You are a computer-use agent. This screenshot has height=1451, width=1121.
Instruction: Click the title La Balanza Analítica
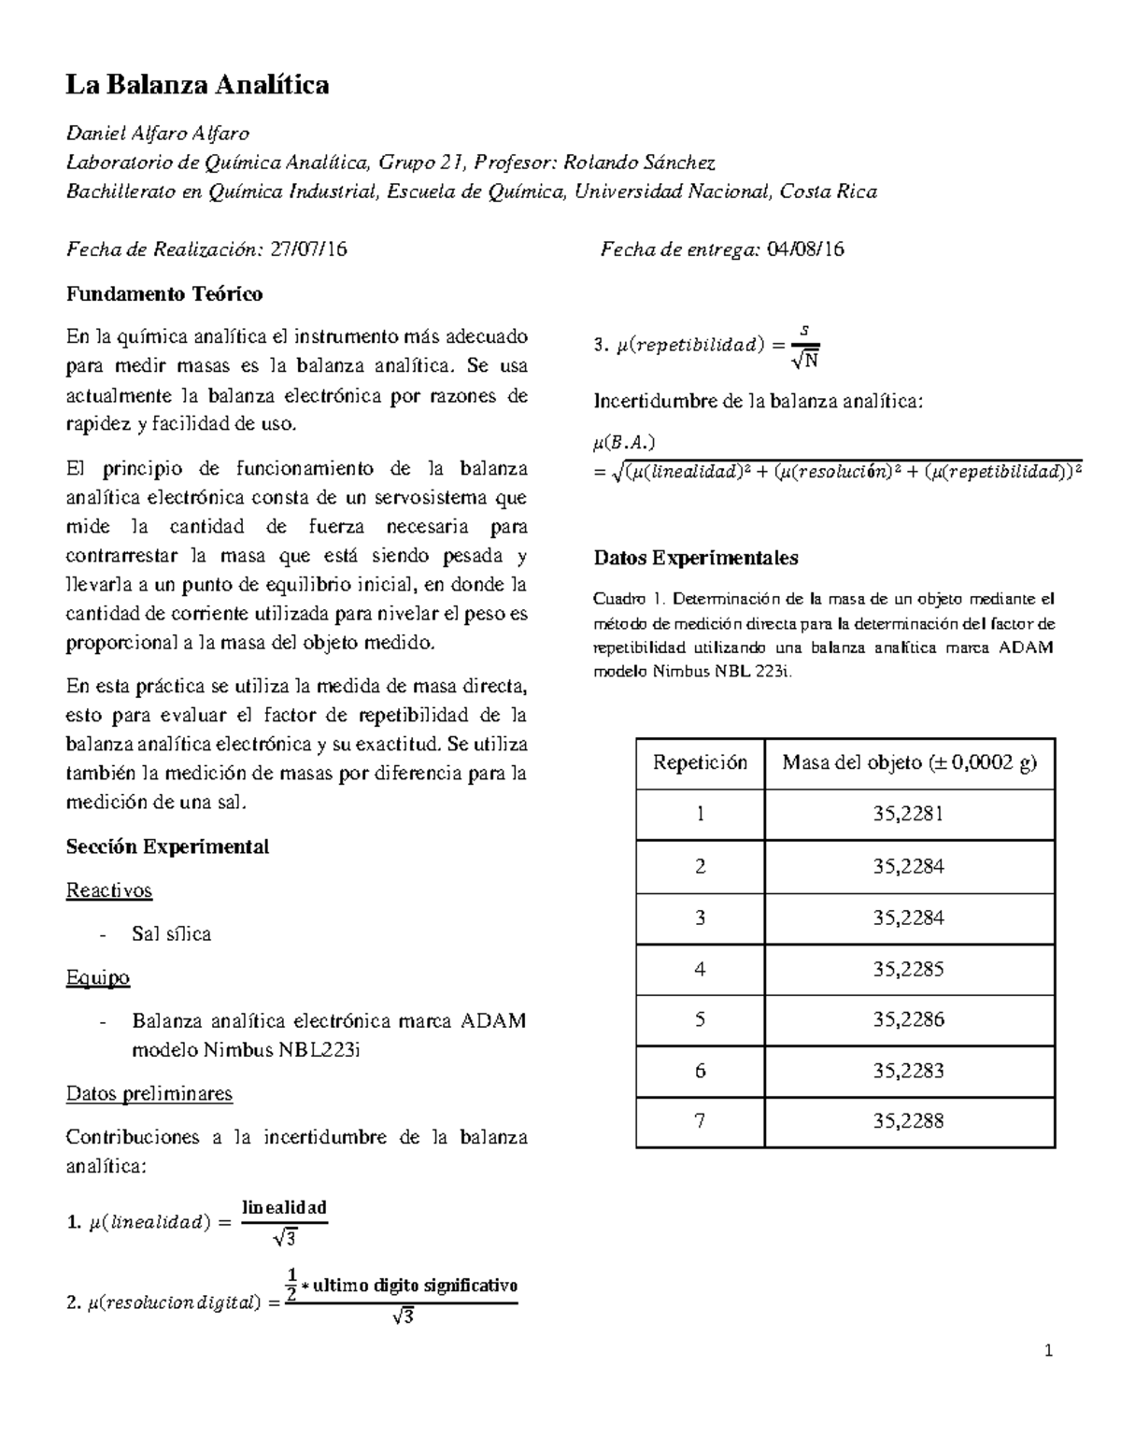197,86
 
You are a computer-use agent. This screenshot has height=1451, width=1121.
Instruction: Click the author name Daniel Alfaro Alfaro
157,134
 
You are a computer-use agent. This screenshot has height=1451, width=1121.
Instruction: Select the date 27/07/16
308,249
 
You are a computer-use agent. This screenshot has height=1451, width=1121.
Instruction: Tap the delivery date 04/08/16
805,249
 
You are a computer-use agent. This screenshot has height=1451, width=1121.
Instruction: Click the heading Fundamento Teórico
164,294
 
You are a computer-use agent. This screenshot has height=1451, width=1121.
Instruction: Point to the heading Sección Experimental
167,846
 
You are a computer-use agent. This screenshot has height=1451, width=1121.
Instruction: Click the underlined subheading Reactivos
108,890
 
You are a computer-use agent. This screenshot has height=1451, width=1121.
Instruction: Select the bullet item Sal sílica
172,934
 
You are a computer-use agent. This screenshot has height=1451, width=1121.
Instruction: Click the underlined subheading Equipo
97,978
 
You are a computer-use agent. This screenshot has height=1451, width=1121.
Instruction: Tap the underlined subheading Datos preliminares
149,1093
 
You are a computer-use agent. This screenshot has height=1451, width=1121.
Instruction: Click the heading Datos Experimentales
696,559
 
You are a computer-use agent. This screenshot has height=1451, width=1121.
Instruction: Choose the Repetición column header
700,763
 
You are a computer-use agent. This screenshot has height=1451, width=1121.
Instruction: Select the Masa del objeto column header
909,763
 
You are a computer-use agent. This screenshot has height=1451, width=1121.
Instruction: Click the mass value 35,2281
908,815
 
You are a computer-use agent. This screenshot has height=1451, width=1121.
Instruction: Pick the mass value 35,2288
908,1121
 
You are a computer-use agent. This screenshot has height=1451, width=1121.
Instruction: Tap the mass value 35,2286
908,1019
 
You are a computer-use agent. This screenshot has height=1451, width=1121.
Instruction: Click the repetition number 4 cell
700,969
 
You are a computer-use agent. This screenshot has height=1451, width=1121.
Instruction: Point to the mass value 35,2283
908,1071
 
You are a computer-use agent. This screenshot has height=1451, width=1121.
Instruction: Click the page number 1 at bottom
1050,1350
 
